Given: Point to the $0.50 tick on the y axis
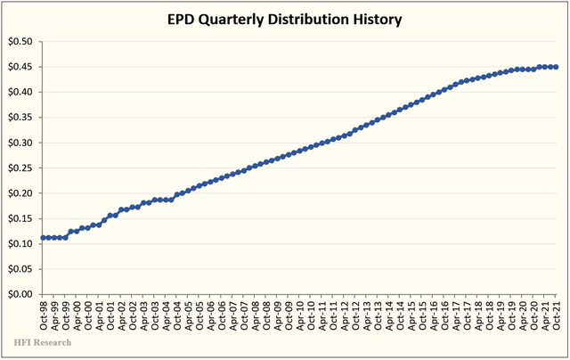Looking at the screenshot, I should pyautogui.click(x=20, y=42).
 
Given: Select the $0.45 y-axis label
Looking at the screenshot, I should pyautogui.click(x=20, y=67).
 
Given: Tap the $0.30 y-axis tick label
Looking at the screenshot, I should pyautogui.click(x=20, y=143).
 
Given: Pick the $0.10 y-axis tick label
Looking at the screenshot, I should pyautogui.click(x=20, y=243).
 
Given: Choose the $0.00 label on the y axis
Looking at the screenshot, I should pyautogui.click(x=20, y=294).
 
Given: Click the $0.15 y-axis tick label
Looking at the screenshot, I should pyautogui.click(x=20, y=218).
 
